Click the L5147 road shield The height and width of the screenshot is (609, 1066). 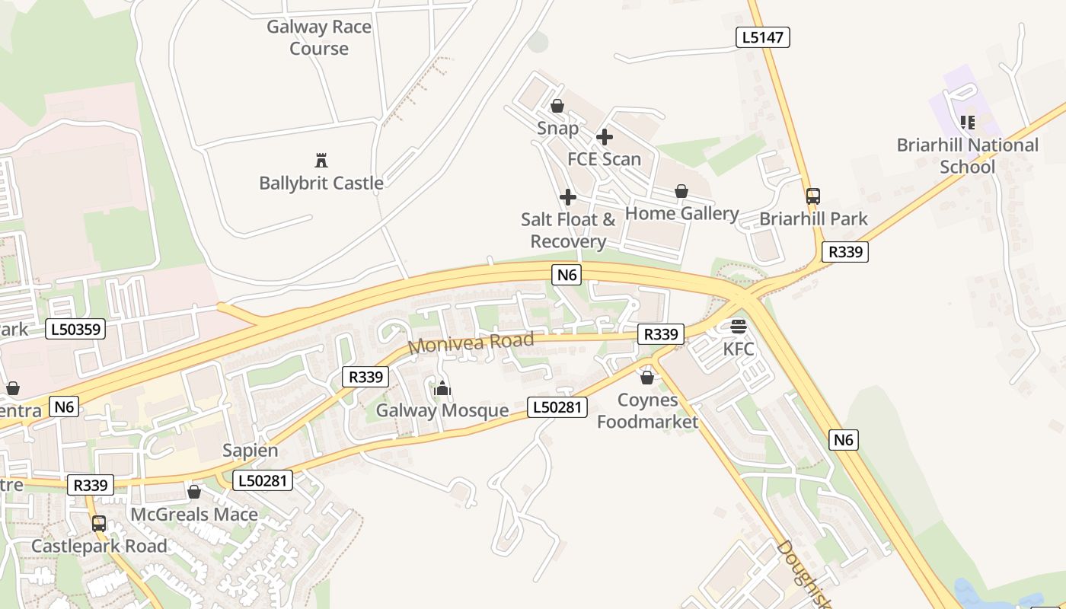763,37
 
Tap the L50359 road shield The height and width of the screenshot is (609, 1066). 75,330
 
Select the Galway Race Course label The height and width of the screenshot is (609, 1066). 319,37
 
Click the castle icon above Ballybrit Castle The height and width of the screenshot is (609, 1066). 321,161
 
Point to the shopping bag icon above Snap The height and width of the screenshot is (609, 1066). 557,106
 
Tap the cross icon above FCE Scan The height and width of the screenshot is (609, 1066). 605,137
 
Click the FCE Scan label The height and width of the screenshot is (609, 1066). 605,159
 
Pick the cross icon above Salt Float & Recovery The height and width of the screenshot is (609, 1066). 568,197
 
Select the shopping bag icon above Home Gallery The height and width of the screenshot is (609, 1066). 681,191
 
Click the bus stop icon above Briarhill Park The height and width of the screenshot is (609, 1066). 813,196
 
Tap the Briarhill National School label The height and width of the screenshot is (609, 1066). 967,155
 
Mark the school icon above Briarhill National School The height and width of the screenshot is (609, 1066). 968,122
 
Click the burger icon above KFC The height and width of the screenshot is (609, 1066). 738,327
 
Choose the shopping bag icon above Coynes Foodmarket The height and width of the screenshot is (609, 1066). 647,378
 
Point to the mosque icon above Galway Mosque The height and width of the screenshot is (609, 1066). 442,389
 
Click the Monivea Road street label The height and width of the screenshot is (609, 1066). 471,343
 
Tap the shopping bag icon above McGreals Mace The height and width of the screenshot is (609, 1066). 194,493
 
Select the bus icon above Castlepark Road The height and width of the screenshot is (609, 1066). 99,524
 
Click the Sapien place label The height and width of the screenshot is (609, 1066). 251,450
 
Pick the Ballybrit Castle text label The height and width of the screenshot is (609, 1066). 321,183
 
